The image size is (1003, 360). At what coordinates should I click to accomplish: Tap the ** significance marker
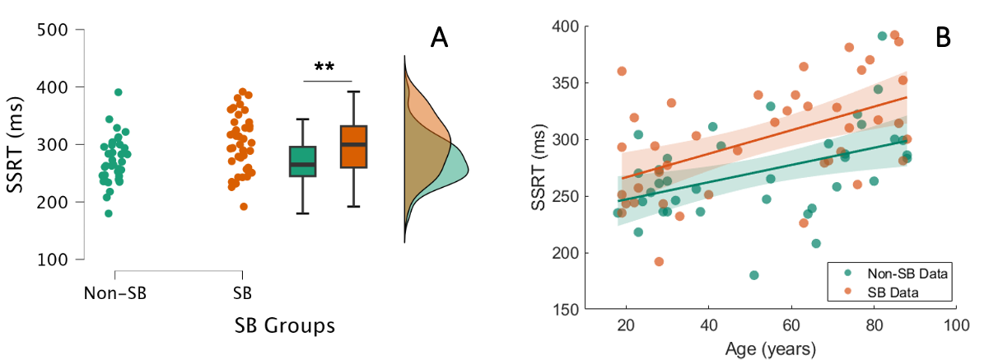327,67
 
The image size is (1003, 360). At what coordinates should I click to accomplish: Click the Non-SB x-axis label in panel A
114,292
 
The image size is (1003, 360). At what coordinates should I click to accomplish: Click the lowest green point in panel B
753,275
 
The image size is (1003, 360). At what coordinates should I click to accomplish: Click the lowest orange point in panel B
659,262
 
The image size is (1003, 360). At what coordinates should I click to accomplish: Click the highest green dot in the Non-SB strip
118,92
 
